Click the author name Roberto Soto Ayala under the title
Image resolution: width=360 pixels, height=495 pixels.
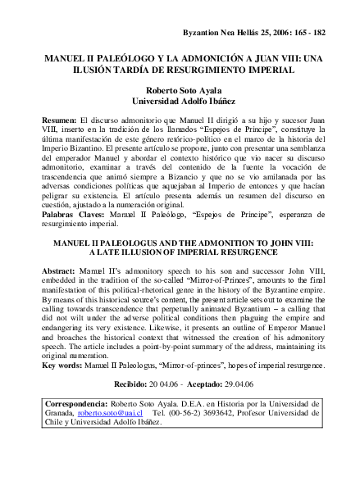click(179, 91)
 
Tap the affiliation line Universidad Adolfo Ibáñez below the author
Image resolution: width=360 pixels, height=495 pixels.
click(179, 102)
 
